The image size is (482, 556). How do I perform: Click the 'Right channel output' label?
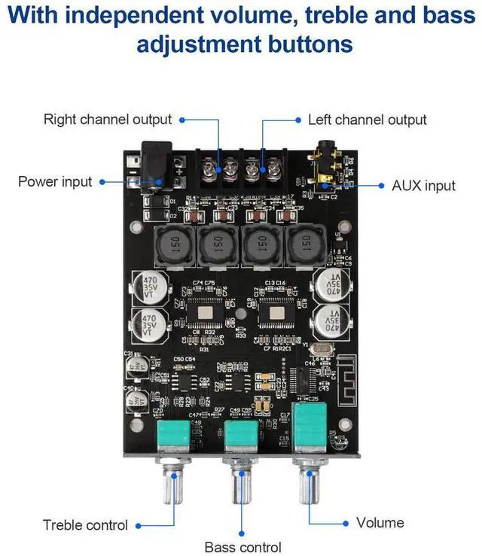(x=108, y=120)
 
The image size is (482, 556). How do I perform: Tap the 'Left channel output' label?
(x=367, y=120)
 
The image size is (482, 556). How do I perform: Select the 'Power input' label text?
(x=55, y=181)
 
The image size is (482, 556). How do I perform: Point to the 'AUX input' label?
(x=424, y=185)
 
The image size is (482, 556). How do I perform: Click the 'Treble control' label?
(x=85, y=525)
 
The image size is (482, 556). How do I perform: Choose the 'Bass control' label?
(x=243, y=547)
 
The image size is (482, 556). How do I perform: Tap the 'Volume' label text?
(x=380, y=522)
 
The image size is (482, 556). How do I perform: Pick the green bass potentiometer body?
(x=243, y=439)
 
